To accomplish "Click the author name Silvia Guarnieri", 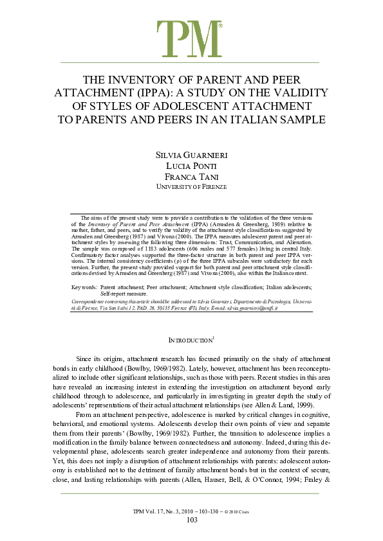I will [191, 156].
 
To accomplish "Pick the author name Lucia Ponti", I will [191, 166].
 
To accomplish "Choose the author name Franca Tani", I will [191, 177].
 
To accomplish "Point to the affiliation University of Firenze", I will [191, 187].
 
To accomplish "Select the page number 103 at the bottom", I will [191, 520].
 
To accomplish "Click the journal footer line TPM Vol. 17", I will [191, 511].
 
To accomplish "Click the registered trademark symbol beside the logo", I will [220, 26].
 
